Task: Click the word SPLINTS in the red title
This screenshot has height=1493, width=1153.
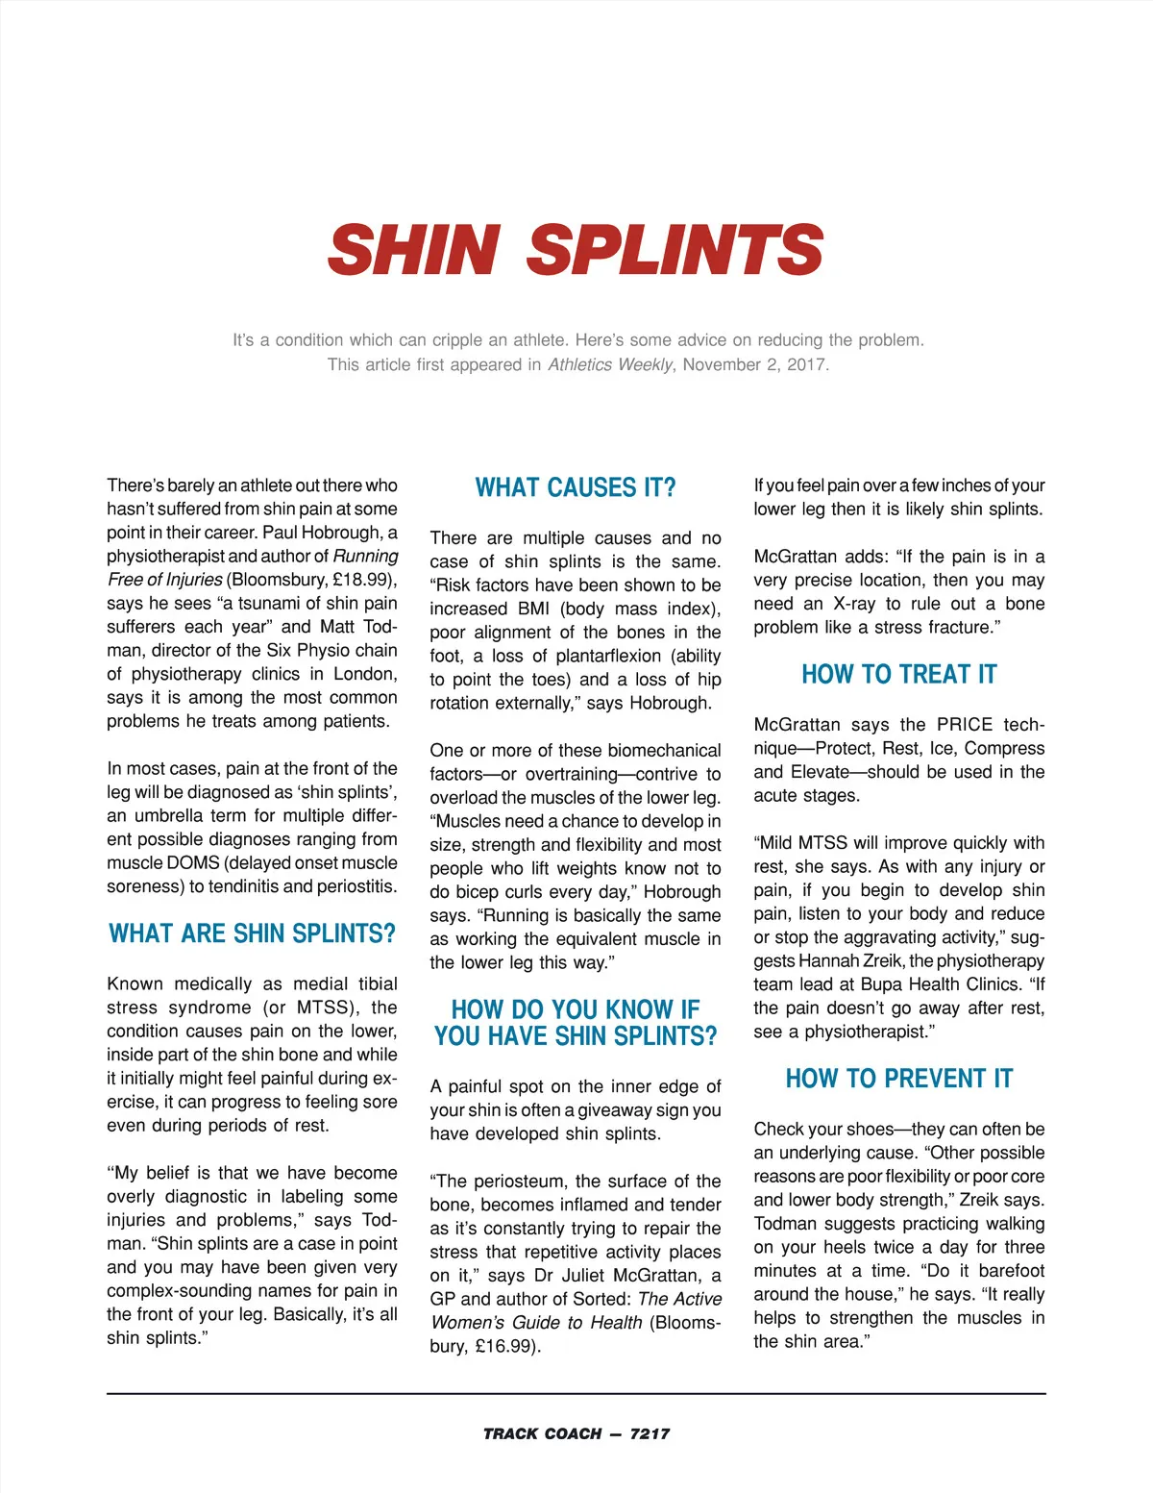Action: [675, 250]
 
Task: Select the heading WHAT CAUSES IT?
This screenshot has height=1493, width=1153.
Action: [576, 487]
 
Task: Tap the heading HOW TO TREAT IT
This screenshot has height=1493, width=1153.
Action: [899, 674]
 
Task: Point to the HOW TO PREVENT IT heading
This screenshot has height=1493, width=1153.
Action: [899, 1079]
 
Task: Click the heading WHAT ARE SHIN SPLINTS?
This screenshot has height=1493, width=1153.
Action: [252, 933]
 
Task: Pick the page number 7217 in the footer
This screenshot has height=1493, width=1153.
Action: [650, 1433]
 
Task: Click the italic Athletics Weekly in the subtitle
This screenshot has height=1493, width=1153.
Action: [610, 364]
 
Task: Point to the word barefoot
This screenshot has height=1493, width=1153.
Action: [1011, 1271]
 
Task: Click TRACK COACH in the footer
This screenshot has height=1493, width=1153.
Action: [542, 1433]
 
